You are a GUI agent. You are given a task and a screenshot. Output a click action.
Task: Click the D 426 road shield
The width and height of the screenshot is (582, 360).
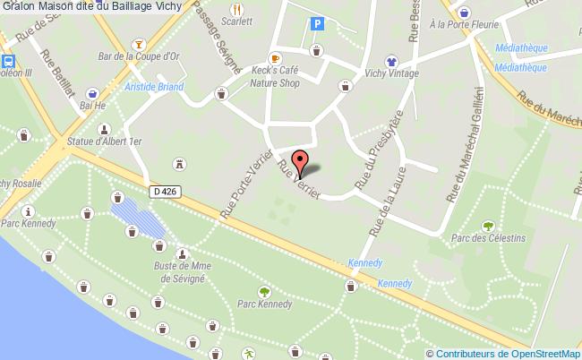(164, 191)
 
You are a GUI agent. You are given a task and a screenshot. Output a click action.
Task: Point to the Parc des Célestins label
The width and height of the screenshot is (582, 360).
(487, 238)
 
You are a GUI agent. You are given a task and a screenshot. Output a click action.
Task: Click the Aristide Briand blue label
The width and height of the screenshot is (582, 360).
(154, 87)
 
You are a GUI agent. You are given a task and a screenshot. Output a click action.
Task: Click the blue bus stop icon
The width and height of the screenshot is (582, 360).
(8, 62)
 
